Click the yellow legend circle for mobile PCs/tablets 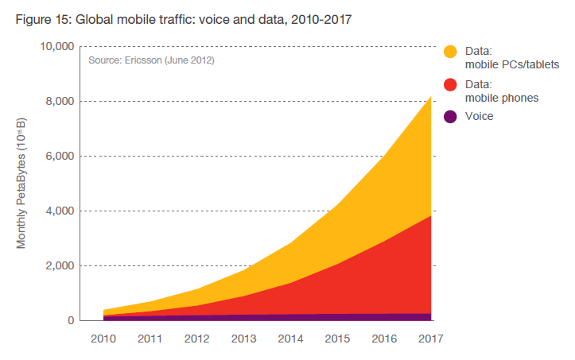[450, 52]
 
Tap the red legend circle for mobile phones [450, 84]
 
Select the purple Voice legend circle [450, 116]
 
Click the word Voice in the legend [479, 116]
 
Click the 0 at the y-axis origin [69, 321]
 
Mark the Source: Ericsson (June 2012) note [151, 60]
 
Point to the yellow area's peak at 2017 [430, 97]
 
